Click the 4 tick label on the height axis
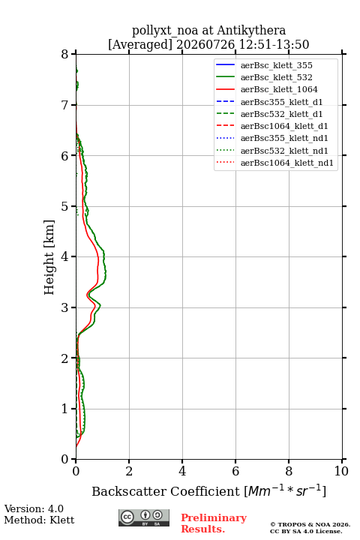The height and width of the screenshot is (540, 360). pyautogui.click(x=64, y=256)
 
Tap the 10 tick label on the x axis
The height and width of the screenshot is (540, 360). pyautogui.click(x=341, y=471)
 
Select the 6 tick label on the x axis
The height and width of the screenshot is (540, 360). pyautogui.click(x=235, y=471)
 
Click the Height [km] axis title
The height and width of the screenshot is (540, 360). pyautogui.click(x=49, y=257)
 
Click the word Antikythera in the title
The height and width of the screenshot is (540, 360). pyautogui.click(x=251, y=30)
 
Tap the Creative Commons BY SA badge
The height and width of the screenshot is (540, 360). pyautogui.click(x=144, y=518)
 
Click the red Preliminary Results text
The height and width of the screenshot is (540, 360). pyautogui.click(x=214, y=523)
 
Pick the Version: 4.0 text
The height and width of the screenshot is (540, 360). pyautogui.click(x=34, y=508)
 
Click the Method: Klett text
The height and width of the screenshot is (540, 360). pyautogui.click(x=39, y=520)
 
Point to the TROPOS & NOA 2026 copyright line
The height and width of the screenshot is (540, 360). pyautogui.click(x=310, y=524)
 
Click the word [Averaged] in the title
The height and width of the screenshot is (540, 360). pyautogui.click(x=140, y=44)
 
